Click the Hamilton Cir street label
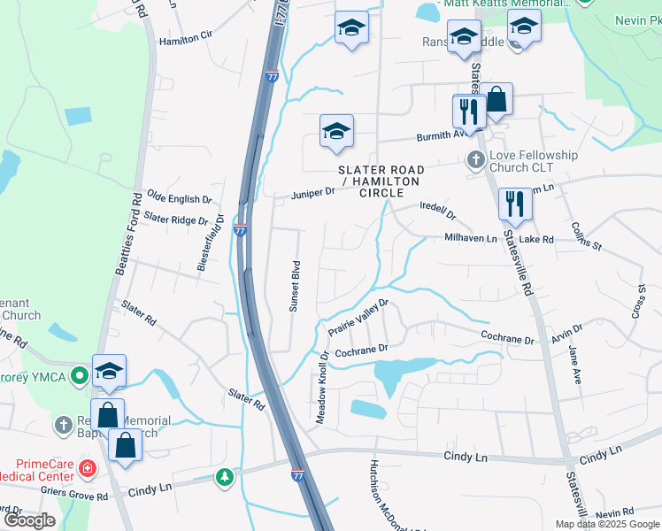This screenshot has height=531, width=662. point(186,40)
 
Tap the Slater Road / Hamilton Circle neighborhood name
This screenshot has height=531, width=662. point(381,181)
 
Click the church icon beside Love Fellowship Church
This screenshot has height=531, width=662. point(475,160)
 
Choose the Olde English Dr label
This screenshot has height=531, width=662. point(179,199)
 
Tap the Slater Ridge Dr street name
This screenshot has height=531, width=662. point(176,218)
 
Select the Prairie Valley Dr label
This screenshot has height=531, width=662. point(358,318)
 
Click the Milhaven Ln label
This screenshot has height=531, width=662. point(471,239)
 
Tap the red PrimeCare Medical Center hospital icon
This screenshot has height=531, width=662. point(87,466)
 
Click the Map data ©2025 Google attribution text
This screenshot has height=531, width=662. point(607,524)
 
